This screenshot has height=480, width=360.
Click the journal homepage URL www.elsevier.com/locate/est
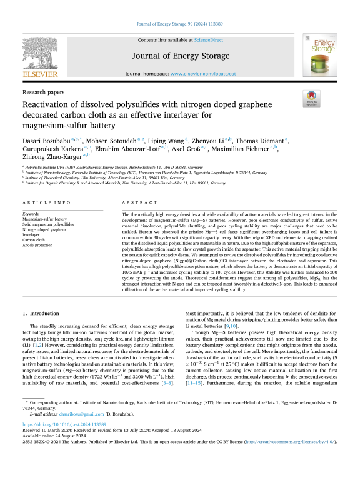tap(202, 74)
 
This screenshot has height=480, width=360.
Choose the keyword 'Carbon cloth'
tap(35, 239)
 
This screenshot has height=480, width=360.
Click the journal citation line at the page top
tap(179, 24)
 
